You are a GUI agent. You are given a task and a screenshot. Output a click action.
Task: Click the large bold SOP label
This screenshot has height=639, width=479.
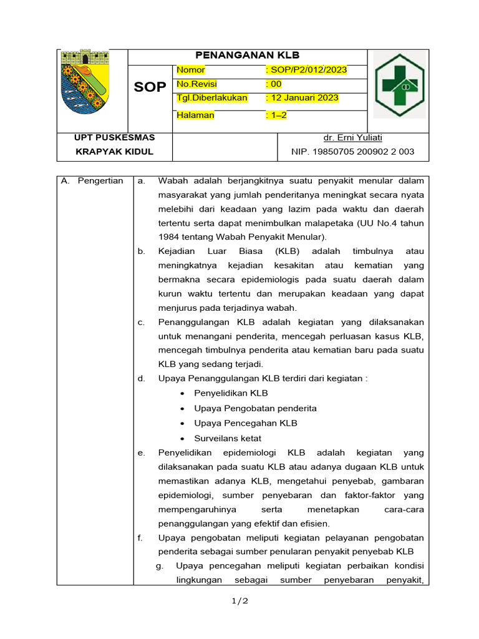150,87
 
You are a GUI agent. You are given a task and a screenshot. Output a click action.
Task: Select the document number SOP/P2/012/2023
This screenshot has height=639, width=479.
306,70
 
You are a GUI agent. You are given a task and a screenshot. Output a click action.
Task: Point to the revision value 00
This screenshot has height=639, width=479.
274,84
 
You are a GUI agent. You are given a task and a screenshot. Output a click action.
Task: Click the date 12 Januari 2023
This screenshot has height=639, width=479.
302,98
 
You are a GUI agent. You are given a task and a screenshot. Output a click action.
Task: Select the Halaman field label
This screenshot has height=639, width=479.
195,115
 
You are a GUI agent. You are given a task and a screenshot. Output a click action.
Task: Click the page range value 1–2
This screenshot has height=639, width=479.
276,115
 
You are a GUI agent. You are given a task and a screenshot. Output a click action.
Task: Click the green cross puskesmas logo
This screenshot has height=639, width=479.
399,84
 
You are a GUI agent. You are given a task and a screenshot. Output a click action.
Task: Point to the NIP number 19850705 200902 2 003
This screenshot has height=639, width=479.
352,152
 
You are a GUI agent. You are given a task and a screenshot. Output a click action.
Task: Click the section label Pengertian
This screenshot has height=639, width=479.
100,181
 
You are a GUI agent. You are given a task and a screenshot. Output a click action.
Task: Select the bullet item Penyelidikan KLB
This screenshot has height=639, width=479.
231,393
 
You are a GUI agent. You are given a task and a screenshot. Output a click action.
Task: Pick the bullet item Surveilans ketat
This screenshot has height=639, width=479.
228,438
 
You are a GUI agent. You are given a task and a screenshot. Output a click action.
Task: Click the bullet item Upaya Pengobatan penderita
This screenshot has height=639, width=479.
255,408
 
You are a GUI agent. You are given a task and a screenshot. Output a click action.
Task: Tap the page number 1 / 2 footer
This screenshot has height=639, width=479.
239,601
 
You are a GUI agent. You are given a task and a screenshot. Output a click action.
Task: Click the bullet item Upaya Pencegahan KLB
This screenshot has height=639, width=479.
246,423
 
